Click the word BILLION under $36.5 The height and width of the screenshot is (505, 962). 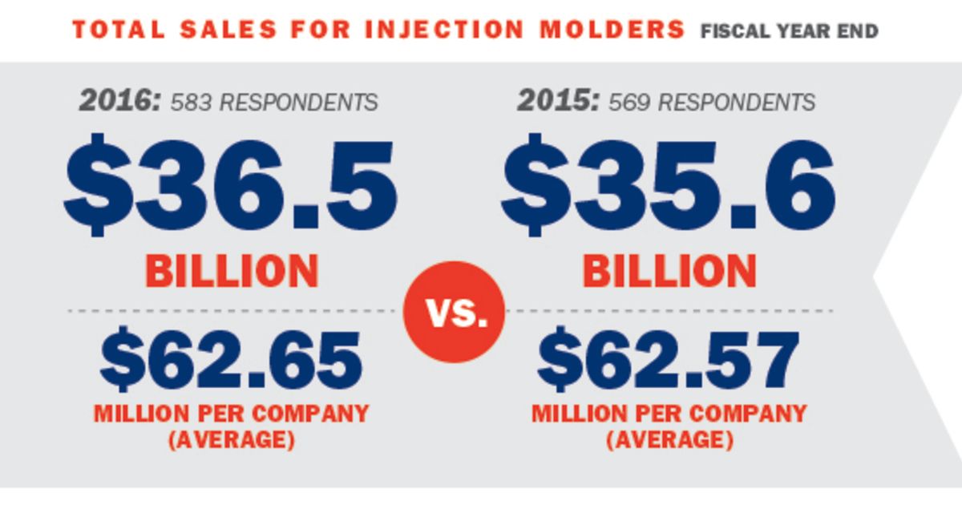click(232, 272)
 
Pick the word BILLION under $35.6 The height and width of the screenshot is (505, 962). click(669, 272)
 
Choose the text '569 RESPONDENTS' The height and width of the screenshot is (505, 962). click(712, 103)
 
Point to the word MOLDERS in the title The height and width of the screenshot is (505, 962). click(610, 30)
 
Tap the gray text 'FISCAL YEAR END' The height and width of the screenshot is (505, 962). click(789, 32)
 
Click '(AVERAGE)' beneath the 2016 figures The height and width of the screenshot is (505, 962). click(232, 440)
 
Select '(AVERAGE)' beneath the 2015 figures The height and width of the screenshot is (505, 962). click(669, 440)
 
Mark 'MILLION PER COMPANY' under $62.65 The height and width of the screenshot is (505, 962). click(232, 414)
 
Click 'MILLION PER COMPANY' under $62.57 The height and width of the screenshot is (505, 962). click(669, 414)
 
